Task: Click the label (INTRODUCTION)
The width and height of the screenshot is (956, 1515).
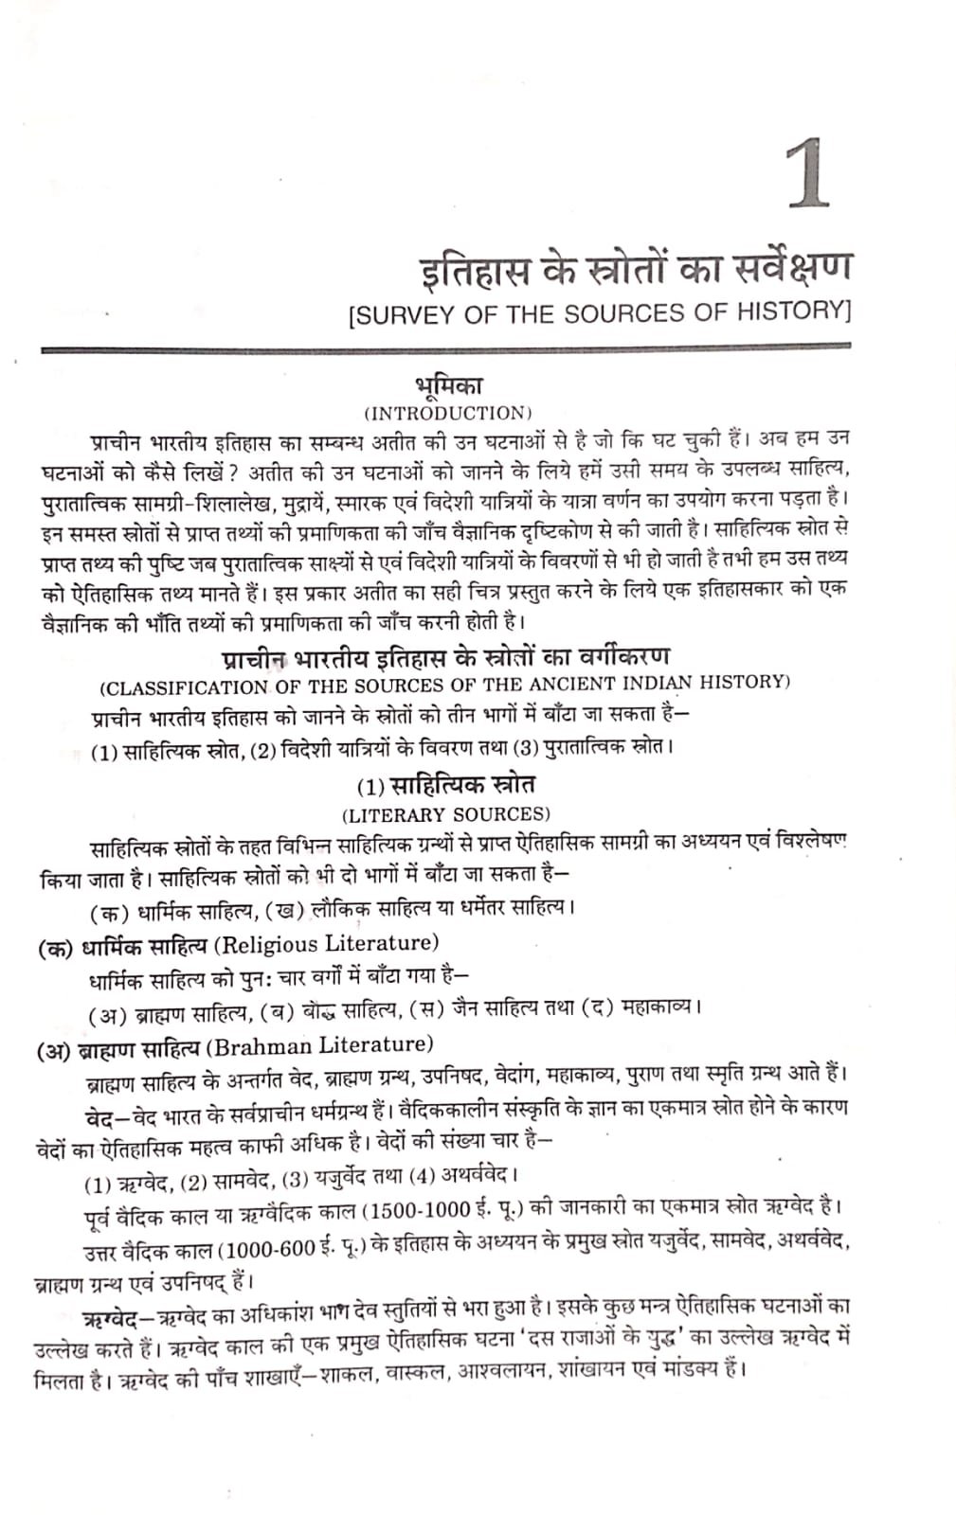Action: [x=448, y=413]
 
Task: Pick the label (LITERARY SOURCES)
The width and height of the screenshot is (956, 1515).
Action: [x=445, y=814]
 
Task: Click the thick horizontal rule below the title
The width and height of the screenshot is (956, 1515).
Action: [x=445, y=350]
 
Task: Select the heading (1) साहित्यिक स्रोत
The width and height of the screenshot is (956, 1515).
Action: [x=445, y=786]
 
